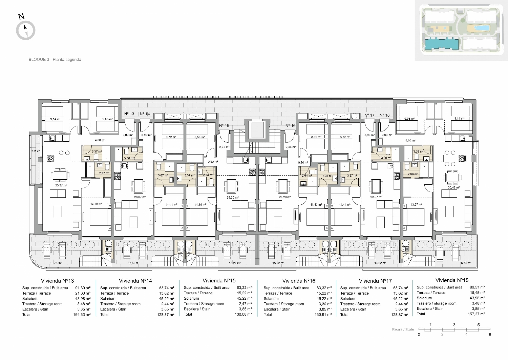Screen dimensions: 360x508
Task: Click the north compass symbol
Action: tap(26, 30)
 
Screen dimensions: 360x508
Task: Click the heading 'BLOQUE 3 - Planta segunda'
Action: tap(55, 60)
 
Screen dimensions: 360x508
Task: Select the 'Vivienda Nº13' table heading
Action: tap(57, 281)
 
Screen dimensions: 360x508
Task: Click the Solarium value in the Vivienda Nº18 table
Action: tap(478, 298)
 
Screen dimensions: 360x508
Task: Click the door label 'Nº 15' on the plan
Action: tap(224, 126)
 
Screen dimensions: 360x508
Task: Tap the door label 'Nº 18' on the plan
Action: tap(384, 115)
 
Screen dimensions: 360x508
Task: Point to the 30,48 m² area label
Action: tap(453, 187)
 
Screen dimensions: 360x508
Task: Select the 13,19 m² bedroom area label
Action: tap(96, 204)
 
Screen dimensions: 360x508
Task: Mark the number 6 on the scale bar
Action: tap(490, 335)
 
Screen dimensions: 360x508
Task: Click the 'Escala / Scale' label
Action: tap(403, 329)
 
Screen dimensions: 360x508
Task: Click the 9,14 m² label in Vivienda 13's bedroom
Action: tap(55, 119)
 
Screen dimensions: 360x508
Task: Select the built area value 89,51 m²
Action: tap(478, 287)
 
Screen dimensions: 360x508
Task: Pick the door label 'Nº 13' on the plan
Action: tap(129, 114)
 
